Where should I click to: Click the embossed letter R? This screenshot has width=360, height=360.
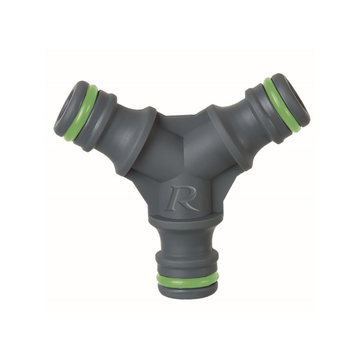(x=181, y=198)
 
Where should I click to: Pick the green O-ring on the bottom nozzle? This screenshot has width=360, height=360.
(x=187, y=279)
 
